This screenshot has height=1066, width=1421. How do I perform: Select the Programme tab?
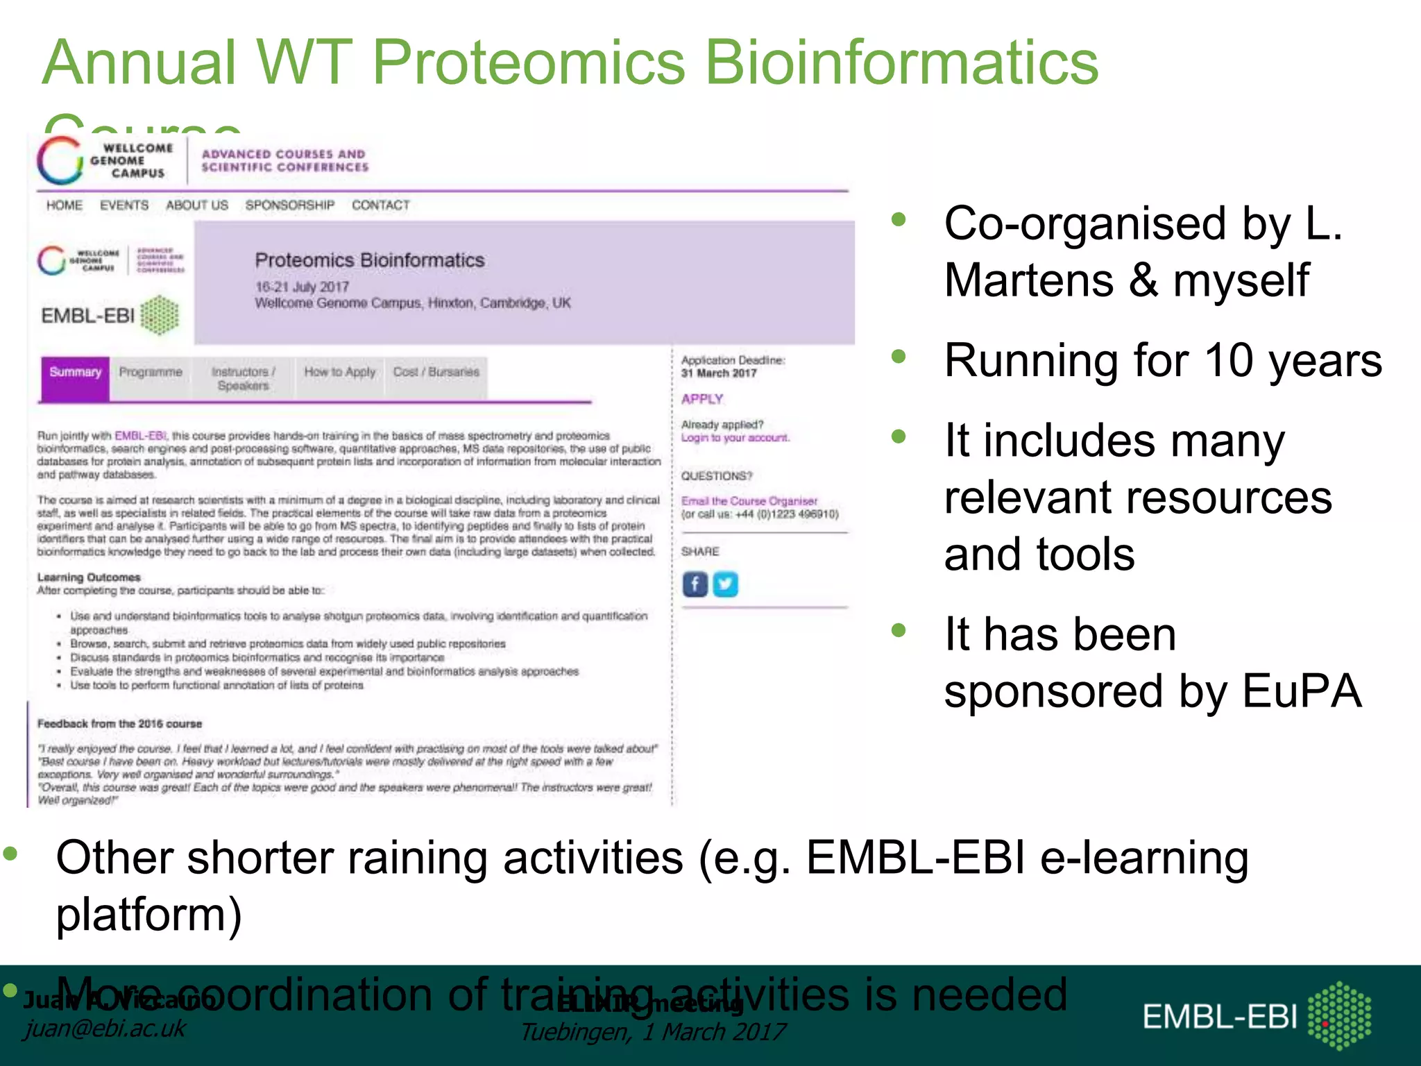(151, 373)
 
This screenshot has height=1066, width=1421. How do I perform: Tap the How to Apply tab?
(339, 373)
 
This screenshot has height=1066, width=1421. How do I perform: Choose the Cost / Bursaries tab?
(436, 373)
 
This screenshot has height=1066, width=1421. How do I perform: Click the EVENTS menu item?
(124, 205)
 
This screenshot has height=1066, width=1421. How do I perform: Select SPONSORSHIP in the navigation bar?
(289, 205)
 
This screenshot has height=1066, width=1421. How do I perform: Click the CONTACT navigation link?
(380, 205)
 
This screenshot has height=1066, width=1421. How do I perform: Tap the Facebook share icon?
(695, 584)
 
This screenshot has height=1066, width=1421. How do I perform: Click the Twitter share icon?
(725, 584)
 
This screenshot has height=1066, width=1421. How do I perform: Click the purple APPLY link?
(702, 399)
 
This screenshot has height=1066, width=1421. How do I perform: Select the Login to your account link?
(735, 438)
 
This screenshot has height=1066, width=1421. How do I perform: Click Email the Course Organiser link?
(749, 501)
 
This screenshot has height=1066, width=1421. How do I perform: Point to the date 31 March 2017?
(718, 373)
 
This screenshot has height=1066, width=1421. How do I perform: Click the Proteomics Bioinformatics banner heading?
(369, 260)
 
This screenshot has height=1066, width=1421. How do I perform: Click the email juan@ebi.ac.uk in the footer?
(105, 1028)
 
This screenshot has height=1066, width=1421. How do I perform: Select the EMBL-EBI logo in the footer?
(1256, 1016)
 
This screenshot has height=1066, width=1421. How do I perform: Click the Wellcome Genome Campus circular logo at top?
(60, 160)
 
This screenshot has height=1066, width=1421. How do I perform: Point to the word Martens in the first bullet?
(1029, 280)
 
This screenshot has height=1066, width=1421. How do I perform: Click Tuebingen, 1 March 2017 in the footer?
(652, 1032)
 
